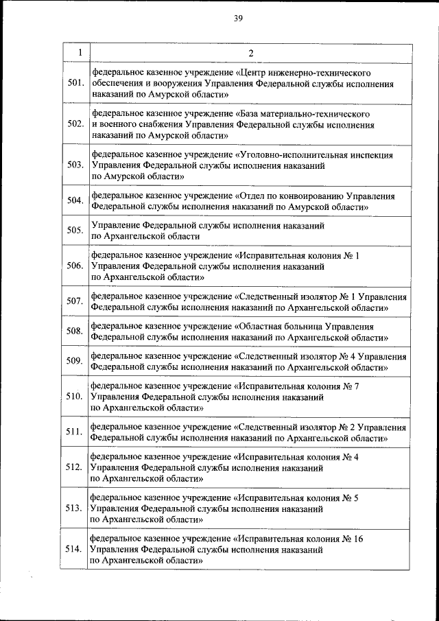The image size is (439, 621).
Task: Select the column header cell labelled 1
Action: pyautogui.click(x=80, y=54)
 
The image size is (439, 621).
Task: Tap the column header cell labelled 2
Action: pyautogui.click(x=250, y=54)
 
